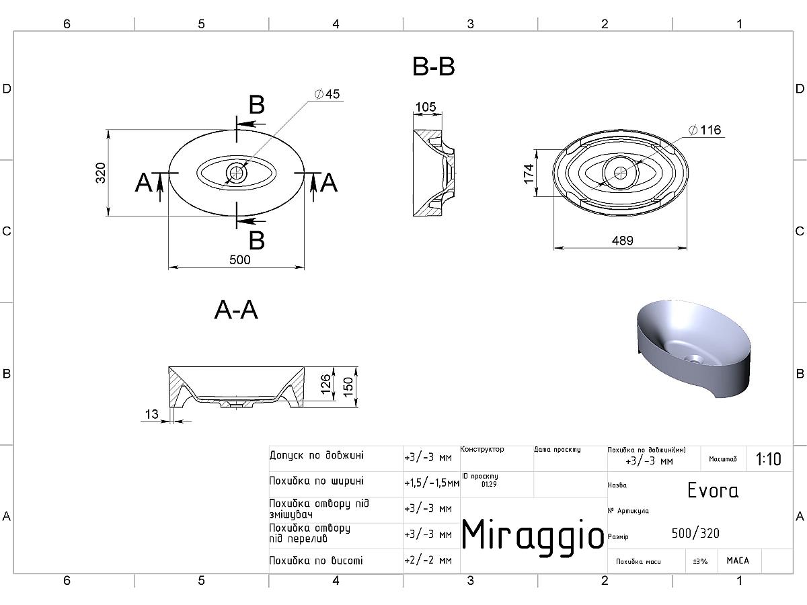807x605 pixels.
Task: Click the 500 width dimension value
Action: point(239,259)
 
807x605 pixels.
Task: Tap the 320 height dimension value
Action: point(100,173)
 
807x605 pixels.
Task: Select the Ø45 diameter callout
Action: point(328,94)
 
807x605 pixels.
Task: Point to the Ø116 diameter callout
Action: point(705,130)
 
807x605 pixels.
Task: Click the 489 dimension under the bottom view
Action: point(623,241)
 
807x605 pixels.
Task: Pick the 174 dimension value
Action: point(529,173)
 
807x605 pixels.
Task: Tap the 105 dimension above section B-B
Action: point(426,107)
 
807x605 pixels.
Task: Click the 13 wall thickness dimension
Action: point(151,414)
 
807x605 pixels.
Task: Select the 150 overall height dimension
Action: point(348,387)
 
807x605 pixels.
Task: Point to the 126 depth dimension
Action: point(325,384)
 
